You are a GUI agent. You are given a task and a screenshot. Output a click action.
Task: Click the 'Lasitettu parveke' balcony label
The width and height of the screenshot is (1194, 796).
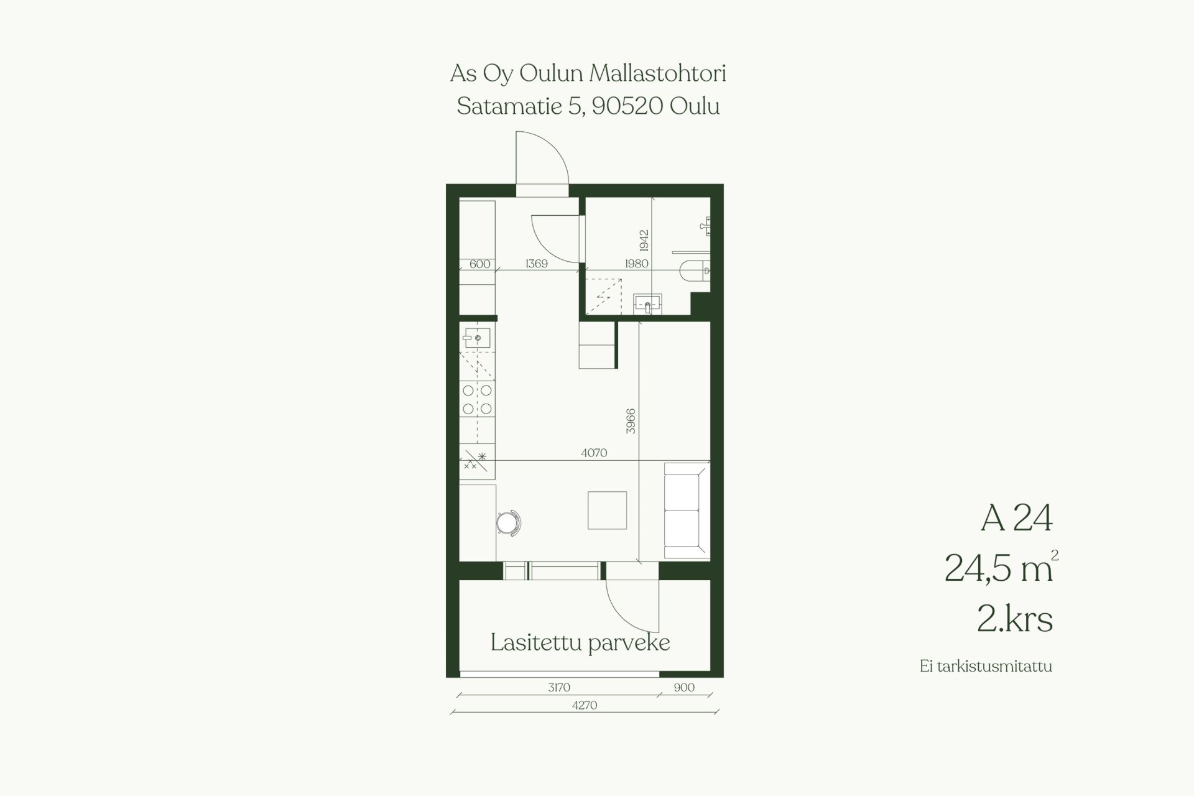580,643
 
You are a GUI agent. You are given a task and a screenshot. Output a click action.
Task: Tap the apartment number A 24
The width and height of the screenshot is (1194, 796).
1017,517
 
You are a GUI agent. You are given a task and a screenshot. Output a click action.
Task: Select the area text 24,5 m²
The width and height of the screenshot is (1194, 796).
1001,567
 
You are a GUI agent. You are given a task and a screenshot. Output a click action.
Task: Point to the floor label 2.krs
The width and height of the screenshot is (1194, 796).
1015,619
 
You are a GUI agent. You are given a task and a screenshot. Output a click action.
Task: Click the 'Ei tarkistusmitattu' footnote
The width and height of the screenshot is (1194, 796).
986,667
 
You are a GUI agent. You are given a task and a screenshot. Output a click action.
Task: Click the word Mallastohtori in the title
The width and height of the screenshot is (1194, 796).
657,73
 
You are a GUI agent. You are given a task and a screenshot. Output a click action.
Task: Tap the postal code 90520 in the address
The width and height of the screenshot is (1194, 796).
627,106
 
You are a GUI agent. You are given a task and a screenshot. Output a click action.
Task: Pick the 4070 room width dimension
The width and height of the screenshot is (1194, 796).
594,453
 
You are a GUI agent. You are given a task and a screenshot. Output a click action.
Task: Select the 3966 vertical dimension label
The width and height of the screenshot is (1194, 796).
631,421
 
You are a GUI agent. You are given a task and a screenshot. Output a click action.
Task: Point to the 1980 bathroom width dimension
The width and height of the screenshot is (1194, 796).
636,264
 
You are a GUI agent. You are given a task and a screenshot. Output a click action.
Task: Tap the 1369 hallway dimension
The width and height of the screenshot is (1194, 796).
537,264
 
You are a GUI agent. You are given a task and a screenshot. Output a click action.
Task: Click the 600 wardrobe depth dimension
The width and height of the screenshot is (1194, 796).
480,264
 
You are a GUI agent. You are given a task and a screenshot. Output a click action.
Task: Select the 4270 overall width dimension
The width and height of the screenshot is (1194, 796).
585,705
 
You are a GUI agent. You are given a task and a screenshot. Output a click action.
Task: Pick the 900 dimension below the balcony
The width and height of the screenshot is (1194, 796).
684,687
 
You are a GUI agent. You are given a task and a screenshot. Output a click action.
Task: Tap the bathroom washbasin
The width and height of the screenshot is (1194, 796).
648,305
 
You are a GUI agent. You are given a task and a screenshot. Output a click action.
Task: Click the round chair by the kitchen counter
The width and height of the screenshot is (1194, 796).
509,522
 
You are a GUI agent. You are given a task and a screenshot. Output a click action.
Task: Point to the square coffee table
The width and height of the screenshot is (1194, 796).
608,511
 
